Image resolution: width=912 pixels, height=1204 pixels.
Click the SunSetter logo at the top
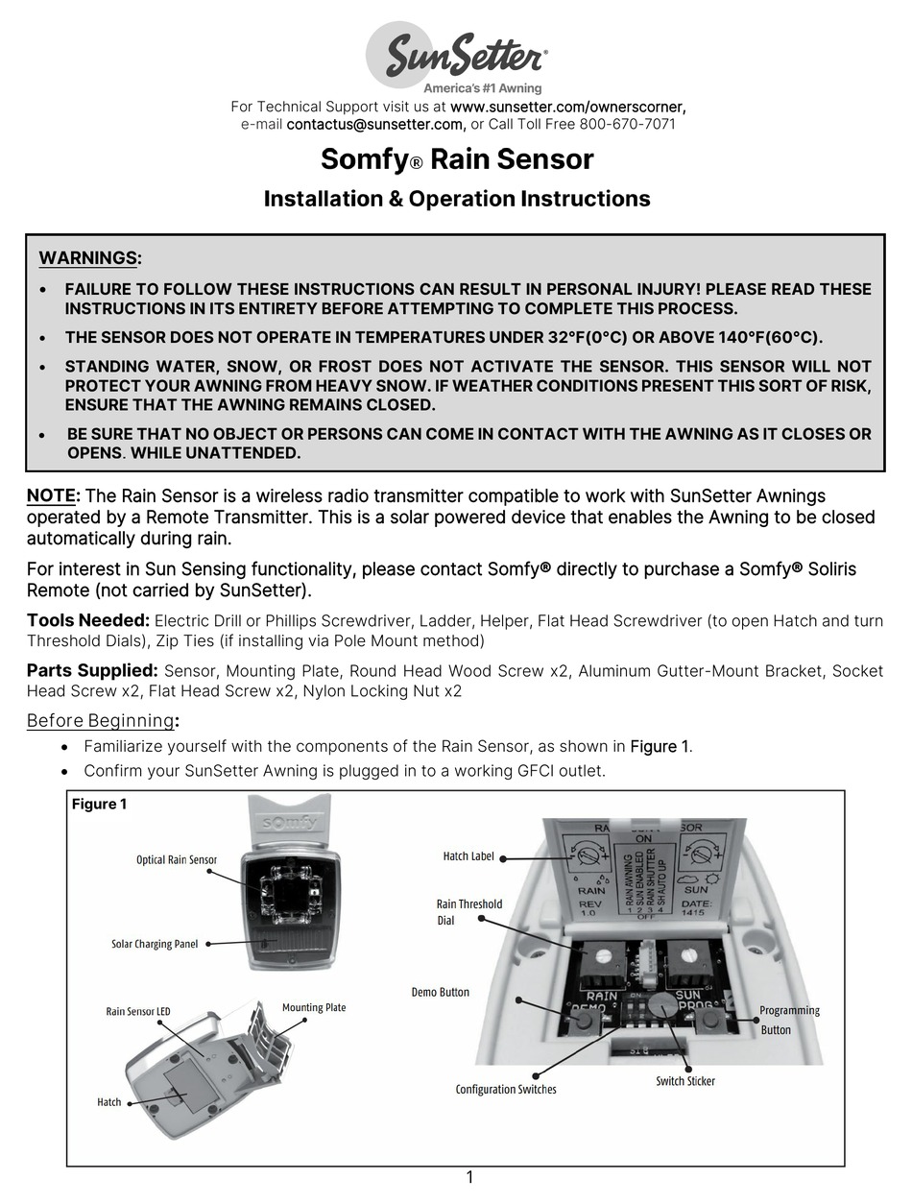pos(456,58)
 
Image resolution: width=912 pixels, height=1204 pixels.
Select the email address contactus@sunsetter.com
pos(375,124)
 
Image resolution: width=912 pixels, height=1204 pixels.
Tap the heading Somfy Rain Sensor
pos(456,158)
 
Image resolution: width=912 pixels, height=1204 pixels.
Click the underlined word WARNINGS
pos(88,258)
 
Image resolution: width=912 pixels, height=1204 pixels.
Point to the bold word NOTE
pos(51,496)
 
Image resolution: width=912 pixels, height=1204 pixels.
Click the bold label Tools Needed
pos(87,621)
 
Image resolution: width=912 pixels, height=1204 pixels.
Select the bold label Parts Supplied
pos(91,670)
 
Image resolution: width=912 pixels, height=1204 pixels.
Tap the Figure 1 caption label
pos(99,804)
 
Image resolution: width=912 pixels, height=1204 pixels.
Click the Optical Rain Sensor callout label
pos(177,860)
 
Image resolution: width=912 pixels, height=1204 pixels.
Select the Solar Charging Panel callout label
pos(155,944)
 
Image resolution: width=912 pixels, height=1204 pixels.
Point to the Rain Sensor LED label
pos(138,1011)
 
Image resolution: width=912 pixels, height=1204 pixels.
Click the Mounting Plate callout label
pos(314,1007)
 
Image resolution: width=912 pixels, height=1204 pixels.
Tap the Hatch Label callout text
pos(468,856)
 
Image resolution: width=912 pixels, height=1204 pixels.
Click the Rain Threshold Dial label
pos(468,911)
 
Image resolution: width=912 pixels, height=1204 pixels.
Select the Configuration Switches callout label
pos(506,1089)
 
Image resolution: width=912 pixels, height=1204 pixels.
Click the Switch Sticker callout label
pos(685,1081)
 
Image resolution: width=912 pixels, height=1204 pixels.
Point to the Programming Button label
pos(789,1020)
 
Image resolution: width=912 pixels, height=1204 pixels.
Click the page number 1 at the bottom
pos(469,1177)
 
